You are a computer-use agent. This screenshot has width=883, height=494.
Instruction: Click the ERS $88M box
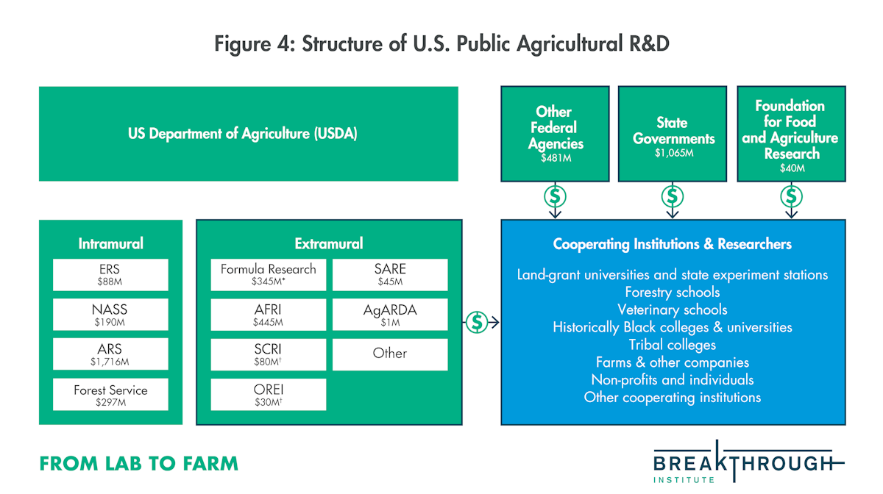pyautogui.click(x=110, y=275)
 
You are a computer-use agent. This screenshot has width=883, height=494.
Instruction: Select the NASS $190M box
pyautogui.click(x=110, y=315)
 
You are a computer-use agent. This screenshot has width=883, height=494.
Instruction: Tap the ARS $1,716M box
pyautogui.click(x=110, y=354)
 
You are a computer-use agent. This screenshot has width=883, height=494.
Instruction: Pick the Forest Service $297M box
pyautogui.click(x=110, y=394)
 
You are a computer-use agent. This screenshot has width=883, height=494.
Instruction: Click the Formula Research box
pyautogui.click(x=269, y=275)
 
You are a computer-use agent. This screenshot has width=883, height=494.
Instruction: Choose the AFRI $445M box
pyautogui.click(x=269, y=315)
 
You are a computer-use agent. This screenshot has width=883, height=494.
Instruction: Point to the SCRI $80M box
pyautogui.click(x=269, y=354)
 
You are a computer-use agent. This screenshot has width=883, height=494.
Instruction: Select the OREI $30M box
pyautogui.click(x=269, y=394)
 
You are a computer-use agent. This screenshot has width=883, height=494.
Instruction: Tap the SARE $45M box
pyautogui.click(x=390, y=275)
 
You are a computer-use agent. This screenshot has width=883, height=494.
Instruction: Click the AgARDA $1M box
pyautogui.click(x=390, y=315)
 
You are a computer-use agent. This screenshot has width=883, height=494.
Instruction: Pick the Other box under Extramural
pyautogui.click(x=390, y=354)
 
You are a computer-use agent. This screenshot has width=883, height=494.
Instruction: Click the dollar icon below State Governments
pyautogui.click(x=673, y=196)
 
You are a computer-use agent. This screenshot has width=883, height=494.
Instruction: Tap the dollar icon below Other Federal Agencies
pyautogui.click(x=555, y=196)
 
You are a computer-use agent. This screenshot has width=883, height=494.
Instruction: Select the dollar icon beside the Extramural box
pyautogui.click(x=477, y=322)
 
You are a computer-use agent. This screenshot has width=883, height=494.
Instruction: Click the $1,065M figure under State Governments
pyautogui.click(x=674, y=153)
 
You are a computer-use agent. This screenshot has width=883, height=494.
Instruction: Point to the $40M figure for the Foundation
pyautogui.click(x=792, y=168)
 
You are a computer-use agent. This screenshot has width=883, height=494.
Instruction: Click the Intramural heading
pyautogui.click(x=111, y=243)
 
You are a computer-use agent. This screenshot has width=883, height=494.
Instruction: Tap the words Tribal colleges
pyautogui.click(x=673, y=345)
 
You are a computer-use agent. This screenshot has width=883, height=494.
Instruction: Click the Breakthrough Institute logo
pyautogui.click(x=748, y=462)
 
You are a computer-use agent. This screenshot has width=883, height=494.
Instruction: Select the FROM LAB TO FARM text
pyautogui.click(x=139, y=464)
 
